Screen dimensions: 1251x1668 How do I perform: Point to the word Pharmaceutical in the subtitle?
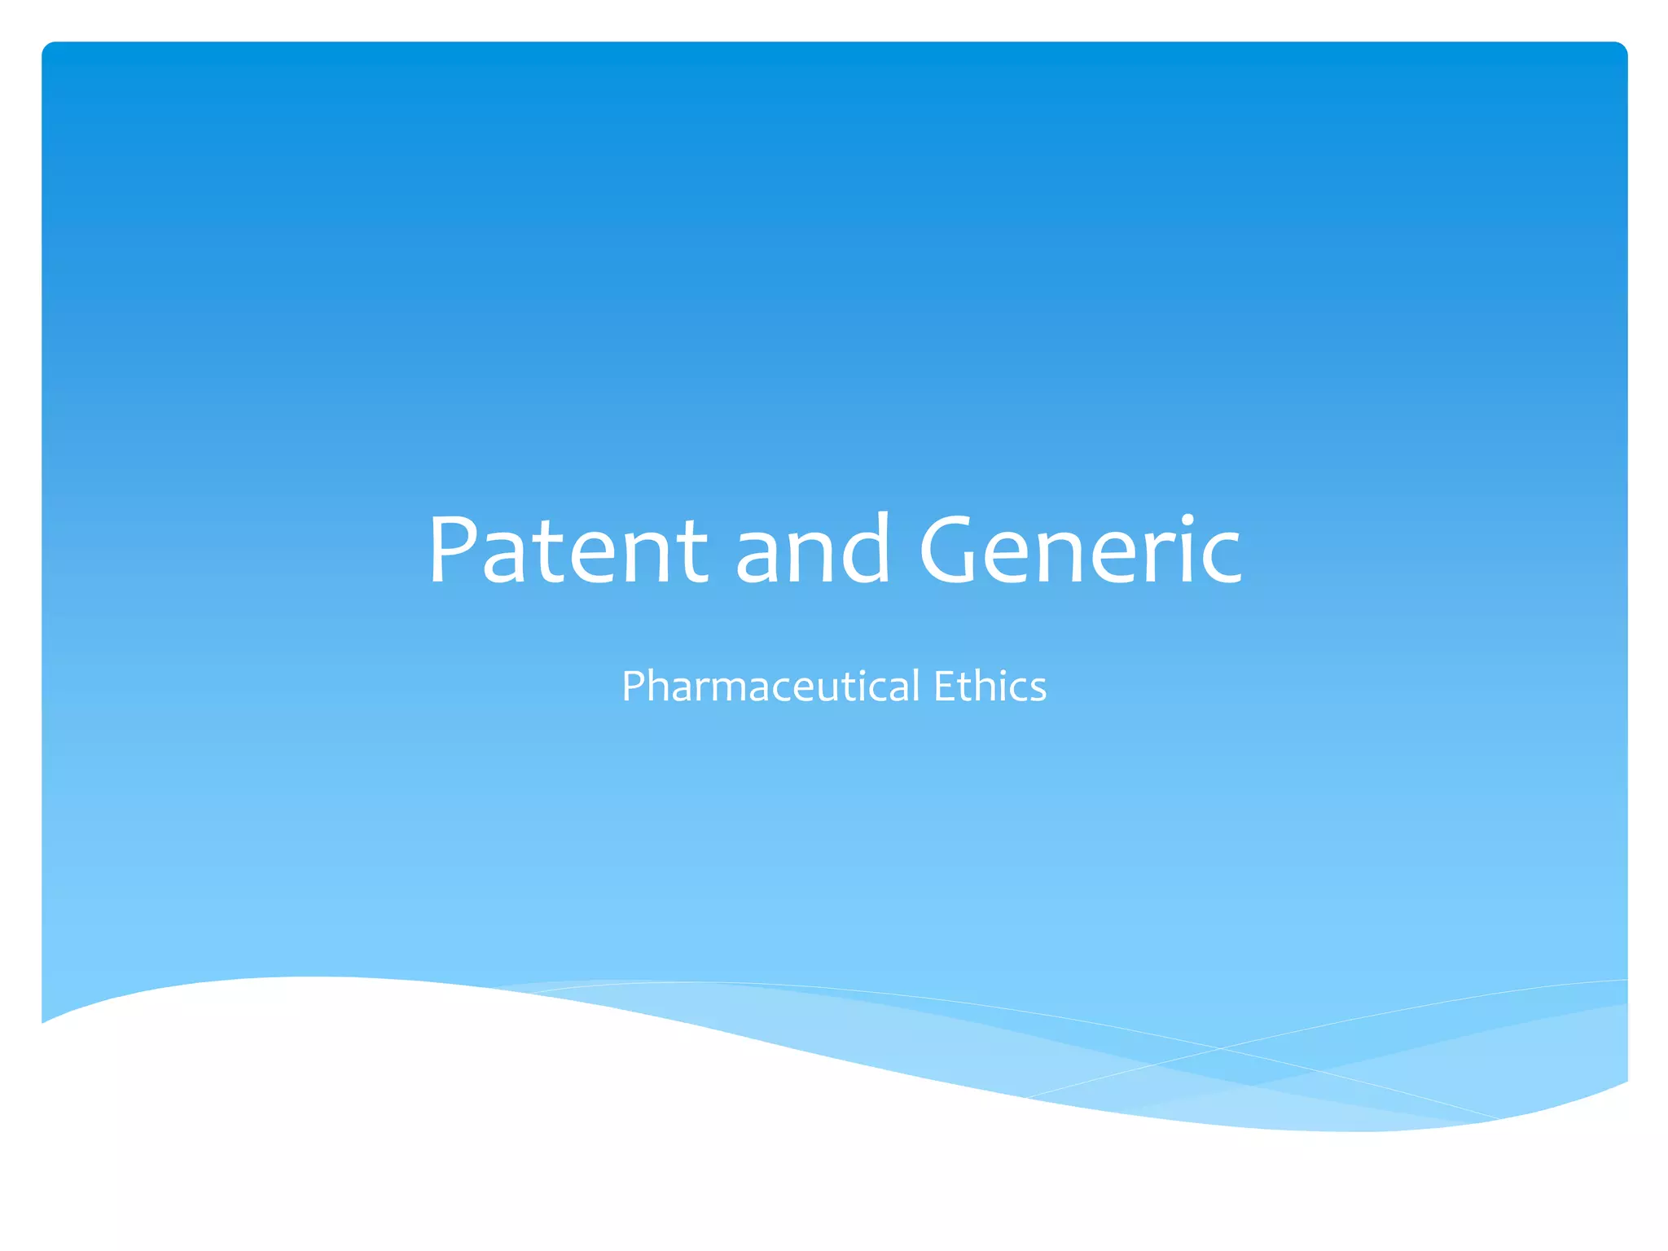(770, 686)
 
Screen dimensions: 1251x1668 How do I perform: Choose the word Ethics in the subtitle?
(990, 686)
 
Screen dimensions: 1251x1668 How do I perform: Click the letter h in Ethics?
(983, 686)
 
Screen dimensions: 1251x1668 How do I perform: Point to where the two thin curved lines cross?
(1220, 1048)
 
